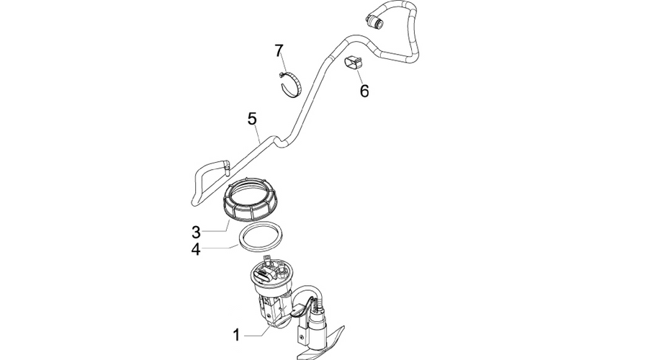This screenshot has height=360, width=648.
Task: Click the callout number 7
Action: tap(279, 51)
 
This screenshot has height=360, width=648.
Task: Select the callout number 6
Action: tap(364, 91)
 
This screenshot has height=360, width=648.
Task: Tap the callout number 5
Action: tap(252, 119)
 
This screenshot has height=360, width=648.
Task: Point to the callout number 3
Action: tap(196, 233)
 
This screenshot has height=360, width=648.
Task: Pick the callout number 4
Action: tap(196, 250)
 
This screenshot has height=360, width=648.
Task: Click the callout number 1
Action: tap(236, 335)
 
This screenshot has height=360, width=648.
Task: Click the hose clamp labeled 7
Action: tap(290, 85)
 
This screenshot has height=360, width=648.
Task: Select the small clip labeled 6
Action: tap(353, 62)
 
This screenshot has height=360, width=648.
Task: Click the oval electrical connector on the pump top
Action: tap(264, 276)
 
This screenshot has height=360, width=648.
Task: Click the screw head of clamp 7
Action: tap(282, 75)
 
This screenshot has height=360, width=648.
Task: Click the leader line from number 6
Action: tap(359, 76)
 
